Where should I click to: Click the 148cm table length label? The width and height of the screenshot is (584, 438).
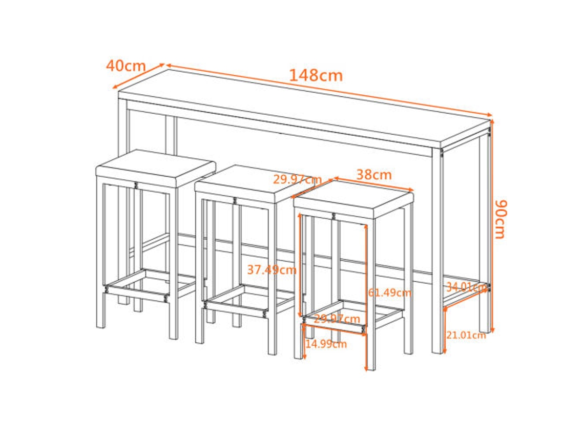coord(316,75)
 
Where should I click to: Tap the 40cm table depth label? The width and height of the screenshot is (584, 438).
coord(126,66)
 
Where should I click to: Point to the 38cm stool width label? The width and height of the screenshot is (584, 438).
coord(374,175)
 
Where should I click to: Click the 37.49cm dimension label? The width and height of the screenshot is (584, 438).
coord(272,269)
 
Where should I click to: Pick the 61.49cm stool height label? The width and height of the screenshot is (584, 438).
coord(389,293)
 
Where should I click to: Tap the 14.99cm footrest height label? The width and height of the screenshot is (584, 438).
coord(326,344)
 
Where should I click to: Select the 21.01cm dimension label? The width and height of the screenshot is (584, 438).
coord(466,336)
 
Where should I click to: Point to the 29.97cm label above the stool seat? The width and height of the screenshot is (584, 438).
coord(297,180)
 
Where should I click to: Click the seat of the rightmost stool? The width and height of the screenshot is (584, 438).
coord(353,197)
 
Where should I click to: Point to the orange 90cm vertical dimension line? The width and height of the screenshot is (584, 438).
coord(493,225)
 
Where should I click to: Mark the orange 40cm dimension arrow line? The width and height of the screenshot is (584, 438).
coord(138,76)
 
